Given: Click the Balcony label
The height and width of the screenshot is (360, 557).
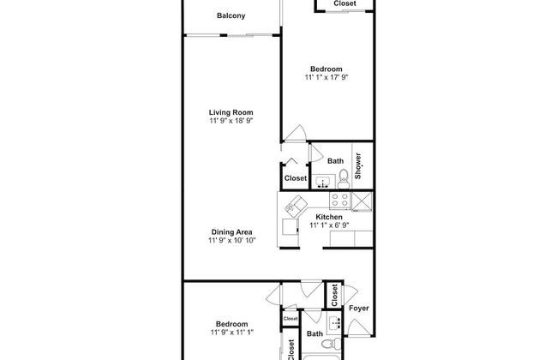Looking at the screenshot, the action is (231, 15).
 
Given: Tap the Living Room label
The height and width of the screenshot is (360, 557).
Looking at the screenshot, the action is (231, 112).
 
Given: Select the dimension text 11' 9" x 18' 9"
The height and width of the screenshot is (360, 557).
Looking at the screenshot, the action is (231, 121).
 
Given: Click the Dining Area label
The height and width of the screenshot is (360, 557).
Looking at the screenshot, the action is (231, 232).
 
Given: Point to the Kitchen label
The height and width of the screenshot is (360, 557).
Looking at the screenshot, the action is (329, 217).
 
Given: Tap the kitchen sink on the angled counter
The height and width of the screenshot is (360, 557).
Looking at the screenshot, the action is (296, 206).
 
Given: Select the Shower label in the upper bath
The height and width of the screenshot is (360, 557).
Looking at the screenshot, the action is (357, 166).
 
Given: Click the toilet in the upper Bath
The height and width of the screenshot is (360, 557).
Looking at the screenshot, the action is (343, 179).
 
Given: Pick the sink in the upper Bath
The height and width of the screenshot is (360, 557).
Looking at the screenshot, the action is (323, 182).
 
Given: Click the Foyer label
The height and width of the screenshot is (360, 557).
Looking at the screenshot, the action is (359, 308).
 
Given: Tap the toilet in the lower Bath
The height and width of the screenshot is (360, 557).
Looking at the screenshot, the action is (331, 344).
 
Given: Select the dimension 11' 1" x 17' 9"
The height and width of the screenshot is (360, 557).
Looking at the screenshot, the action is (326, 77).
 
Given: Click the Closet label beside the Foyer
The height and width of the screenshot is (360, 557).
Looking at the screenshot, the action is (334, 295).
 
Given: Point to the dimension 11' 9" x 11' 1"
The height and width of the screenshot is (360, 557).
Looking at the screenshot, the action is (231, 333).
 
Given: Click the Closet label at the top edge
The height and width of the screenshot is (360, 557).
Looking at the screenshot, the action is (344, 3).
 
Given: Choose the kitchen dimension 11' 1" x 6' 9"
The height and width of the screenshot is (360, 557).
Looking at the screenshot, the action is (329, 225).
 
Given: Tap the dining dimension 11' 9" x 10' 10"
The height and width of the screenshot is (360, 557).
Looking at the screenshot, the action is (231, 240).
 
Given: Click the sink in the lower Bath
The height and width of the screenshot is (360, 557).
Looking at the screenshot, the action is (334, 323).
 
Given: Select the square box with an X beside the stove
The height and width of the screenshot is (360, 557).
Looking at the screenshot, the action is (362, 201).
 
